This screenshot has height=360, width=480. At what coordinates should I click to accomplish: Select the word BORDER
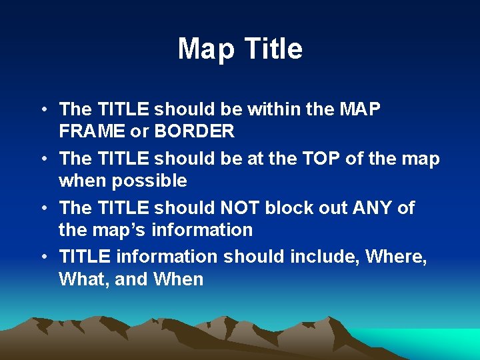194,131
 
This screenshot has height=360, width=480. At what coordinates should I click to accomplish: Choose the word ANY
370,208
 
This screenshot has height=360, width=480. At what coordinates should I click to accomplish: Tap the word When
178,279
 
